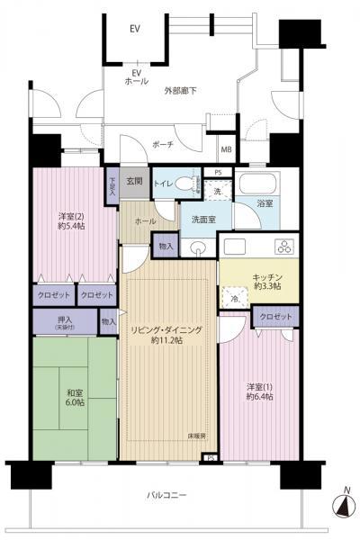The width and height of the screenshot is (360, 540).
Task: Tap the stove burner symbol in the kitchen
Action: click(x=285, y=246)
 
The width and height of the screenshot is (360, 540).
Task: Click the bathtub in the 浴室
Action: click(x=259, y=190)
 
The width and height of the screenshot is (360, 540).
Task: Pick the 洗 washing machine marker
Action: click(x=216, y=192)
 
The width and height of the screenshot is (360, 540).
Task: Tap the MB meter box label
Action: click(x=227, y=149)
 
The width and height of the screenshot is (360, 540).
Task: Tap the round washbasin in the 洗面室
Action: click(x=198, y=247)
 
